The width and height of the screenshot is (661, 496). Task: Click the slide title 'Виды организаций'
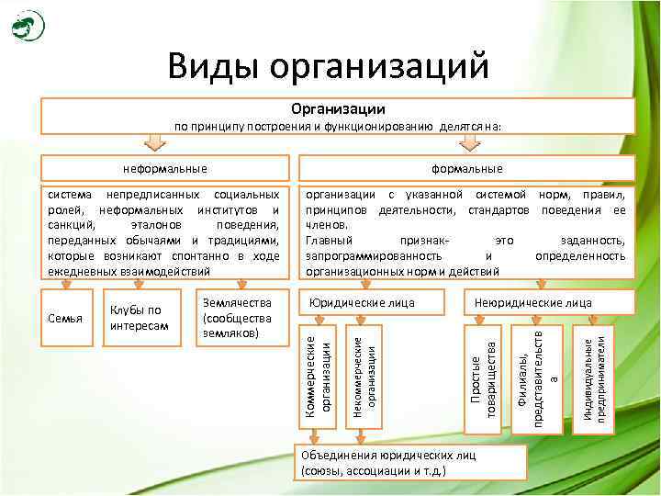tap(328, 66)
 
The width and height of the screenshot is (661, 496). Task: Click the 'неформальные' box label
tap(165, 169)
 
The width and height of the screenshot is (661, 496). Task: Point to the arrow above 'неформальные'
tap(156, 143)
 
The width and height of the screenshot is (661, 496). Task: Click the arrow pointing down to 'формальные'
tap(469, 143)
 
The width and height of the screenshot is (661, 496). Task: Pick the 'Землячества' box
tap(236, 317)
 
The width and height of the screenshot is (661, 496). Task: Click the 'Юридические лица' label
tap(362, 302)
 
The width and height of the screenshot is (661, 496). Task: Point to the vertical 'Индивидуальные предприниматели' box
tap(594, 378)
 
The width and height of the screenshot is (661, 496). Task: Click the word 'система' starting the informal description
tap(68, 196)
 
